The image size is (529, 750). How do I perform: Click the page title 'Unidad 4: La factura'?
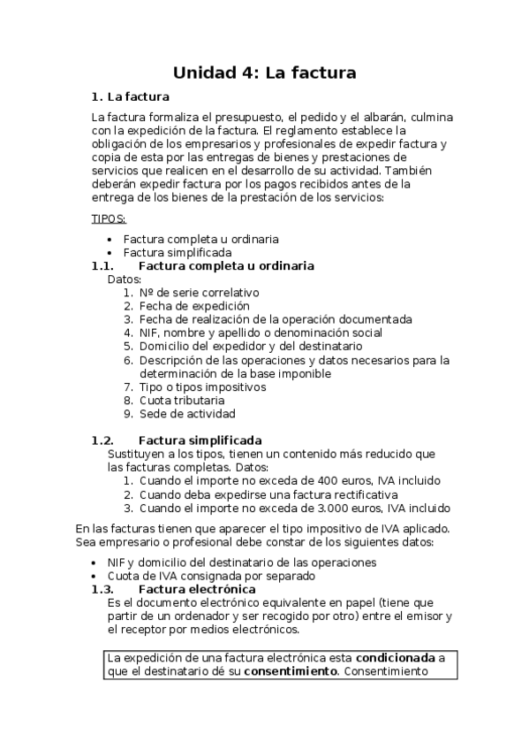pyautogui.click(x=264, y=73)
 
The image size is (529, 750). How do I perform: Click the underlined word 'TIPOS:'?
pyautogui.click(x=109, y=218)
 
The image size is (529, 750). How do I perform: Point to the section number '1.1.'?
pyautogui.click(x=102, y=265)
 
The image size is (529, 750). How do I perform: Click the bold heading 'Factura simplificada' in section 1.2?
pyautogui.click(x=200, y=440)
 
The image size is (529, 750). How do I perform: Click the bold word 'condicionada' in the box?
pyautogui.click(x=396, y=658)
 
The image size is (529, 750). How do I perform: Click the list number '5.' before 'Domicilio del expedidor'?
pyautogui.click(x=128, y=346)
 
